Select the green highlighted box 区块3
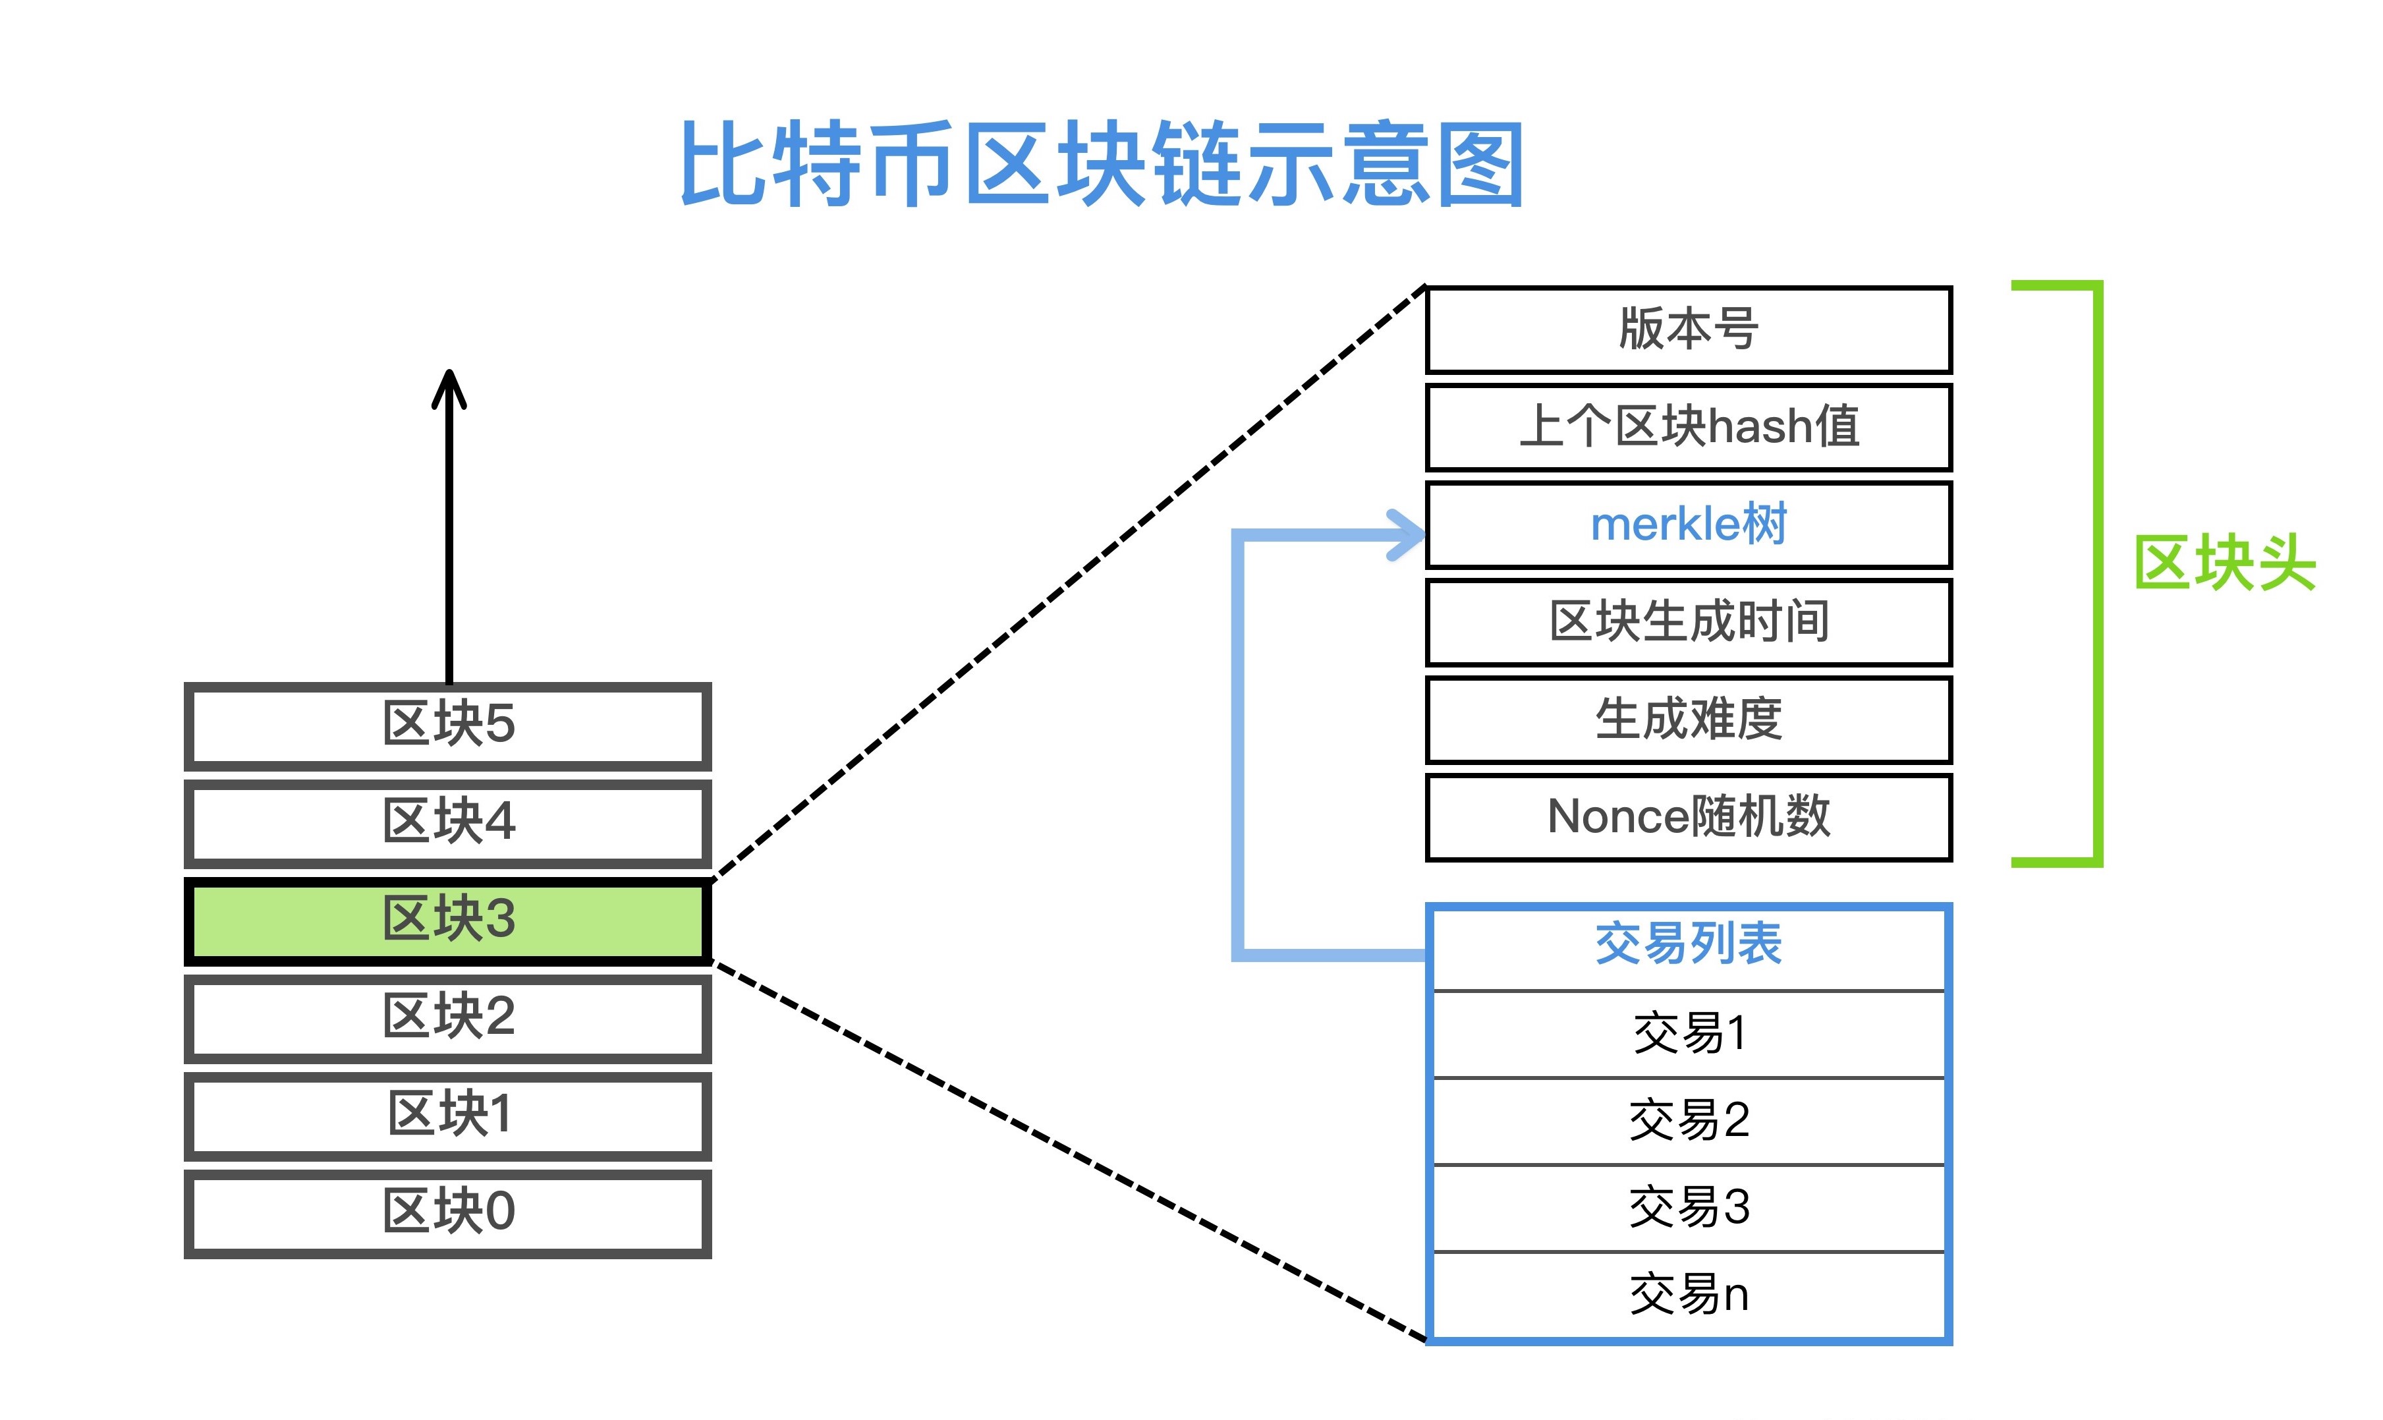click(448, 921)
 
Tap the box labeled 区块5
click(448, 725)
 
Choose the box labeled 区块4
click(448, 823)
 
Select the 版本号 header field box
click(1689, 329)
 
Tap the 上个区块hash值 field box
click(1689, 427)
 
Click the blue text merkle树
click(1689, 525)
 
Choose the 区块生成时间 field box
click(1689, 622)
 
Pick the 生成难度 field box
click(1689, 720)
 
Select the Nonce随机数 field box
click(1689, 817)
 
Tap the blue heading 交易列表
click(1689, 944)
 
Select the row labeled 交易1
click(1689, 1033)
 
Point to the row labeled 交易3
click(1689, 1208)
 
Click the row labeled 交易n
click(1689, 1295)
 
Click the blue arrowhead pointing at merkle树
click(1407, 534)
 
